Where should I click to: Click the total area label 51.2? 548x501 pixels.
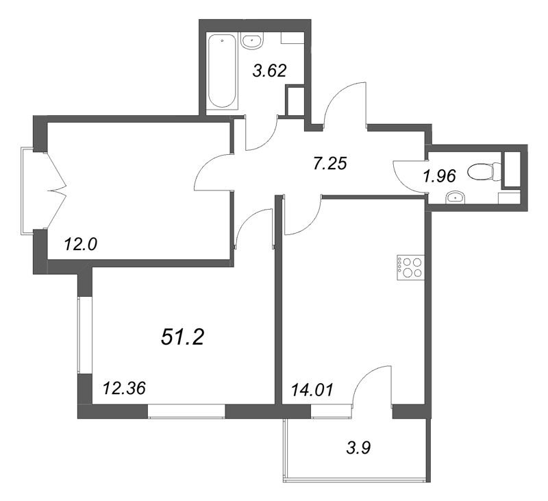click(x=183, y=337)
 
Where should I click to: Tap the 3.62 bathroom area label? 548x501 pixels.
click(x=269, y=69)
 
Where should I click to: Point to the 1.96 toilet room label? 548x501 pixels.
click(x=439, y=176)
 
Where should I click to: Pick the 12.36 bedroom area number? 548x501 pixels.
click(x=123, y=389)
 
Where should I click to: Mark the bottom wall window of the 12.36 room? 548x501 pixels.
click(x=186, y=411)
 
